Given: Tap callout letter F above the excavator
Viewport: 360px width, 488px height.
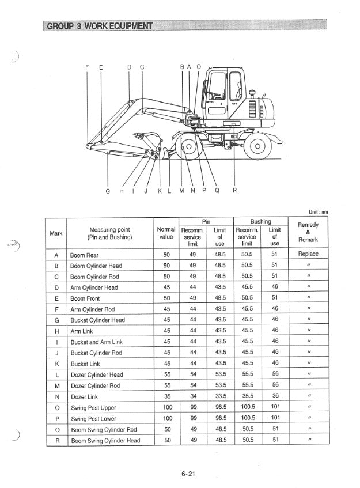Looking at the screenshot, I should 87,67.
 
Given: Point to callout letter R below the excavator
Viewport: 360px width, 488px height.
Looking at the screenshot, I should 234,191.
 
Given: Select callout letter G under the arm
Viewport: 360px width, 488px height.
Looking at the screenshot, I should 107,191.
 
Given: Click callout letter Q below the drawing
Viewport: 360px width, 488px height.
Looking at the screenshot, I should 217,191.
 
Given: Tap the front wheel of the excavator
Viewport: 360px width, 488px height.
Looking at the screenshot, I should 187,146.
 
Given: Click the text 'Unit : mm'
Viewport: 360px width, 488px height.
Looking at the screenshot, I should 316,212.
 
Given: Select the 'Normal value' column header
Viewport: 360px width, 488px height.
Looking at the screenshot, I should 166,233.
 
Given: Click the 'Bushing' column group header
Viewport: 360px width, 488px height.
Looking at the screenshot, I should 260,221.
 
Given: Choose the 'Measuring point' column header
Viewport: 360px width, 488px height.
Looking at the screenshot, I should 109,233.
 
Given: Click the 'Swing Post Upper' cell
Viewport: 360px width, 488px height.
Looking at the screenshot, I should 93,408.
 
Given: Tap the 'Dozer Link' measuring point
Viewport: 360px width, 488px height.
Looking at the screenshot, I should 85,397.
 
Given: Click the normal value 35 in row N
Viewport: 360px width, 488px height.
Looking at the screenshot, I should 166,397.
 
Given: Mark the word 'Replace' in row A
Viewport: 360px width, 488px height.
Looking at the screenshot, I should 308,254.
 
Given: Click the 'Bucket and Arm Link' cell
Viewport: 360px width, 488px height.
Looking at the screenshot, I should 96,342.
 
